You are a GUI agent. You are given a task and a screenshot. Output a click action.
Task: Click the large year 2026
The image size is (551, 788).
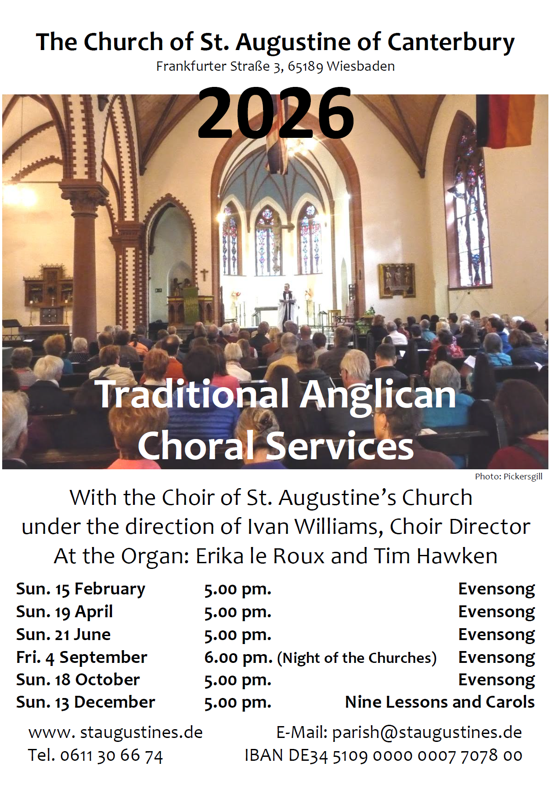[276, 112]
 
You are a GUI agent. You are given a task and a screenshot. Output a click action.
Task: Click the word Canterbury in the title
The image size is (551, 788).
[451, 43]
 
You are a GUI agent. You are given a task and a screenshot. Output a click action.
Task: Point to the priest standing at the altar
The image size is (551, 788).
[287, 305]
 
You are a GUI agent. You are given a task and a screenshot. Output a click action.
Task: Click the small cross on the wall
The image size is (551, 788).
[204, 275]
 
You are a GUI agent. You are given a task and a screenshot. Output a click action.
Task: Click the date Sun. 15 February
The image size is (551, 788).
[81, 589]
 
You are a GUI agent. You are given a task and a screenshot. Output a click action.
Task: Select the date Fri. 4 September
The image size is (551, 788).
[82, 657]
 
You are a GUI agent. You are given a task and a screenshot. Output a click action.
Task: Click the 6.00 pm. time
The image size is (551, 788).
[238, 658]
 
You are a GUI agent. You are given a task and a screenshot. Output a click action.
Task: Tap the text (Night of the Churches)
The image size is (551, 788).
[357, 658]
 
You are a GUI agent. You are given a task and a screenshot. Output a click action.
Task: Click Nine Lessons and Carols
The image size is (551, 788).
[440, 702]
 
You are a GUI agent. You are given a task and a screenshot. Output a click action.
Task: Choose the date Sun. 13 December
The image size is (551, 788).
[86, 702]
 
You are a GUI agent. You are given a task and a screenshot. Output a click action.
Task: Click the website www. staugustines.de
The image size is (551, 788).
[115, 732]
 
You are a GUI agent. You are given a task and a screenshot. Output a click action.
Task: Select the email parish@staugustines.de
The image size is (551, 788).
[427, 732]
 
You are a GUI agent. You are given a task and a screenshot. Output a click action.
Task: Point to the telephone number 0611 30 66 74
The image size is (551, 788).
[112, 756]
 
